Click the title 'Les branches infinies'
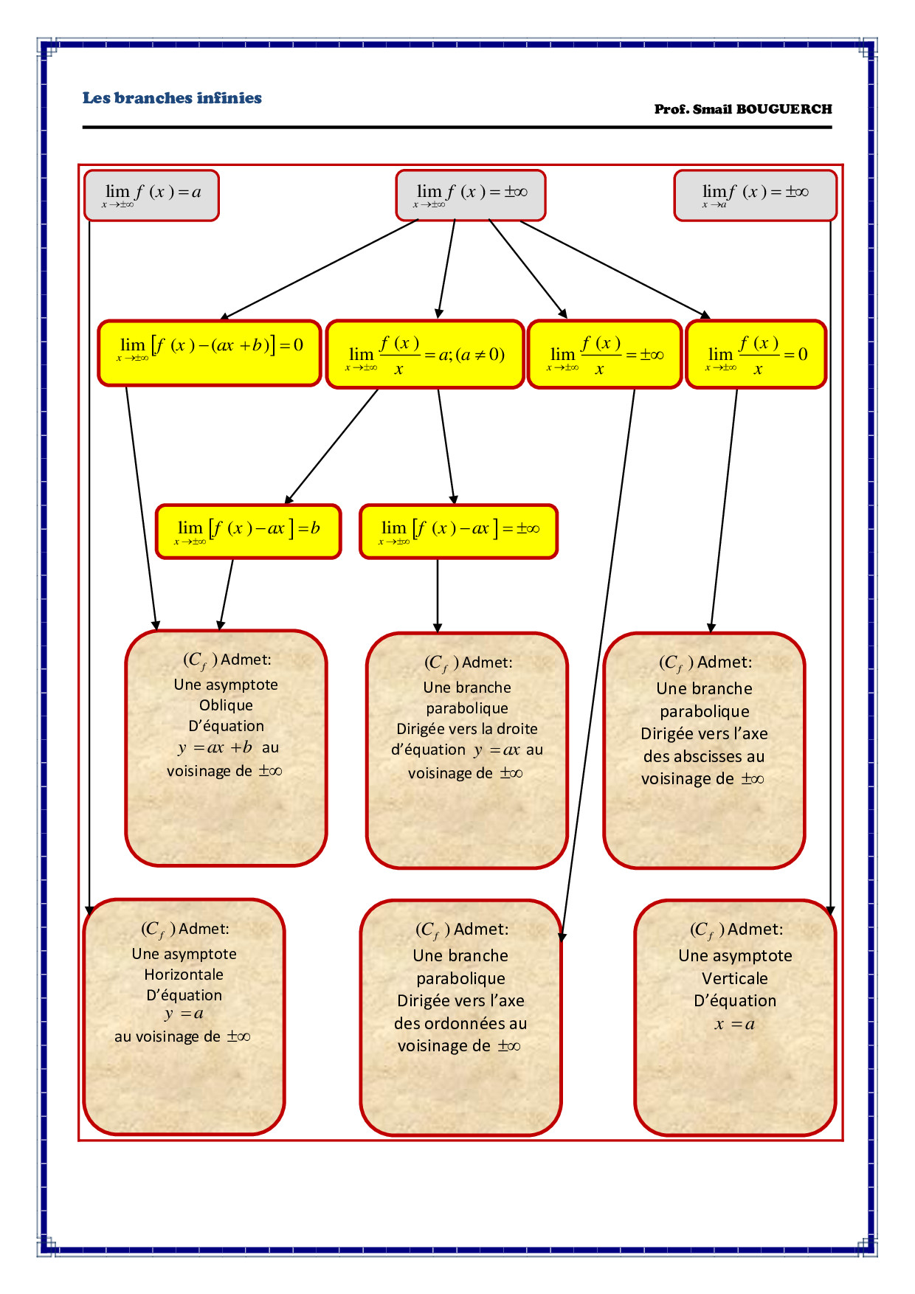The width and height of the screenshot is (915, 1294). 172,98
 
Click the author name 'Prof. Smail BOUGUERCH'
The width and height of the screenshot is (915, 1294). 742,109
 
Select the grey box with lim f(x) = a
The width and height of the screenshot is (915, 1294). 151,196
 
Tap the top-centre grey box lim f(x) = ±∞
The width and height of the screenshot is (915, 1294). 470,196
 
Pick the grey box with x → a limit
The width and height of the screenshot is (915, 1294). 755,196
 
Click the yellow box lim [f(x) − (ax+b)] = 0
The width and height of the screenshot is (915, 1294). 210,353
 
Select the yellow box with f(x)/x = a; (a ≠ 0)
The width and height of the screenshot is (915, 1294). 425,354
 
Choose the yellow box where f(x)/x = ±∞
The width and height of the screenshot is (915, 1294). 604,354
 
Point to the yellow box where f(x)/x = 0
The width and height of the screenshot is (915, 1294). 756,354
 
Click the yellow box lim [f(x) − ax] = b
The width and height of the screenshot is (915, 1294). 248,531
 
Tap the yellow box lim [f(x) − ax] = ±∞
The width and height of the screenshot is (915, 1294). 458,531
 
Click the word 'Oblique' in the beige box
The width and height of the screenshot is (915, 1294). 226,705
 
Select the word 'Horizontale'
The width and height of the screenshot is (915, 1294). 184,975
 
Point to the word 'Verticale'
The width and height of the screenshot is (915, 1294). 735,979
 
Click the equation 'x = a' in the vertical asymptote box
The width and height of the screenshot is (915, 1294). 735,1024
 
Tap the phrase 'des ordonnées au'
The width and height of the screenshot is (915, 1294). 460,1024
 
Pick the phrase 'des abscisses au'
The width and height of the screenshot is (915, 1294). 704,757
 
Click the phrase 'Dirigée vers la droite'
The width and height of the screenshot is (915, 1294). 467,729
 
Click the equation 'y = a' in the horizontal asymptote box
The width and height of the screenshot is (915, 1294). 184,1014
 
